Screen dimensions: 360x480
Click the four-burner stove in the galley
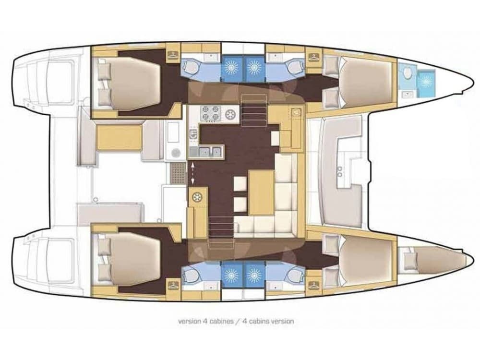click(x=210, y=114)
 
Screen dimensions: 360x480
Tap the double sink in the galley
click(x=211, y=153)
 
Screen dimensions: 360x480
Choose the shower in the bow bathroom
click(x=425, y=81)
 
